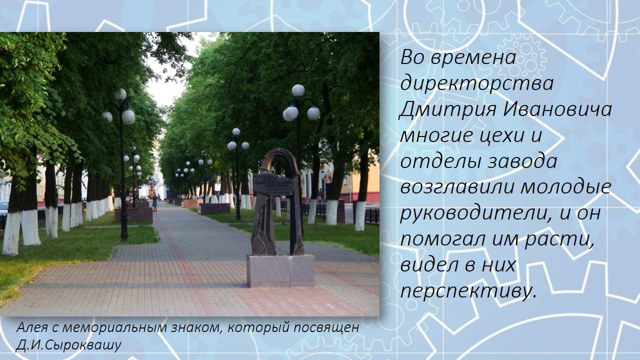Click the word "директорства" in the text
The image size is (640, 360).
(x=477, y=83)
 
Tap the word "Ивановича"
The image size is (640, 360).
(x=557, y=109)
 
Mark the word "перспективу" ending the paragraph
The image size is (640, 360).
(x=468, y=291)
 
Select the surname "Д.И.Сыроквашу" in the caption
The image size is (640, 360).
(x=68, y=345)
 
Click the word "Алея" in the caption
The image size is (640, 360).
(x=32, y=327)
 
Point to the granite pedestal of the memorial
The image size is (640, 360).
(x=280, y=271)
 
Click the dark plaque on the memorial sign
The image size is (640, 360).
(x=273, y=184)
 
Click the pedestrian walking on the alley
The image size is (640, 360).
(x=154, y=201)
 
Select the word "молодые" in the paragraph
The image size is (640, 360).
(x=566, y=187)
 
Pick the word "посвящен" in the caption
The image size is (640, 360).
(x=326, y=327)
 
